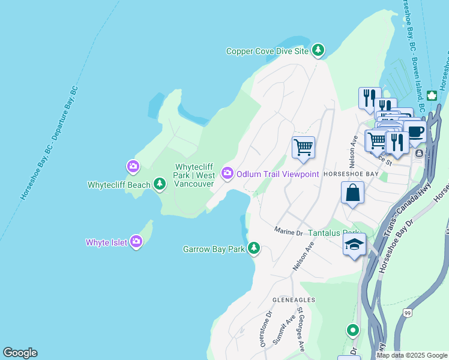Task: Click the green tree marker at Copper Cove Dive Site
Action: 318,51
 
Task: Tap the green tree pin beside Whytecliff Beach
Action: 160,184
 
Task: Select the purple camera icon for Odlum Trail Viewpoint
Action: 228,173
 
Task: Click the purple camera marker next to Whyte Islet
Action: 136,242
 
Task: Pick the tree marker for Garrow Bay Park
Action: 254,248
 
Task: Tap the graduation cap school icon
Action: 354,244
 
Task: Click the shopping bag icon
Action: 353,193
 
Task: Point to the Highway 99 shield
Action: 408,313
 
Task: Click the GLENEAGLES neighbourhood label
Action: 293,299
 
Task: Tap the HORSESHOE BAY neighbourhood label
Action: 350,174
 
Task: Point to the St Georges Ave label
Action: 301,329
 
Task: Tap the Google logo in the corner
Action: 20,353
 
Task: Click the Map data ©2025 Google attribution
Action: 411,355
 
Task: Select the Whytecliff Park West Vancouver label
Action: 194,175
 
